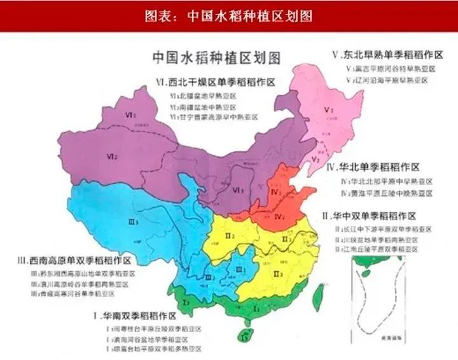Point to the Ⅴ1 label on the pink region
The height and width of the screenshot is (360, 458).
click(x=328, y=110)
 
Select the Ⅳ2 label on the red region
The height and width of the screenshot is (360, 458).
click(x=279, y=216)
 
